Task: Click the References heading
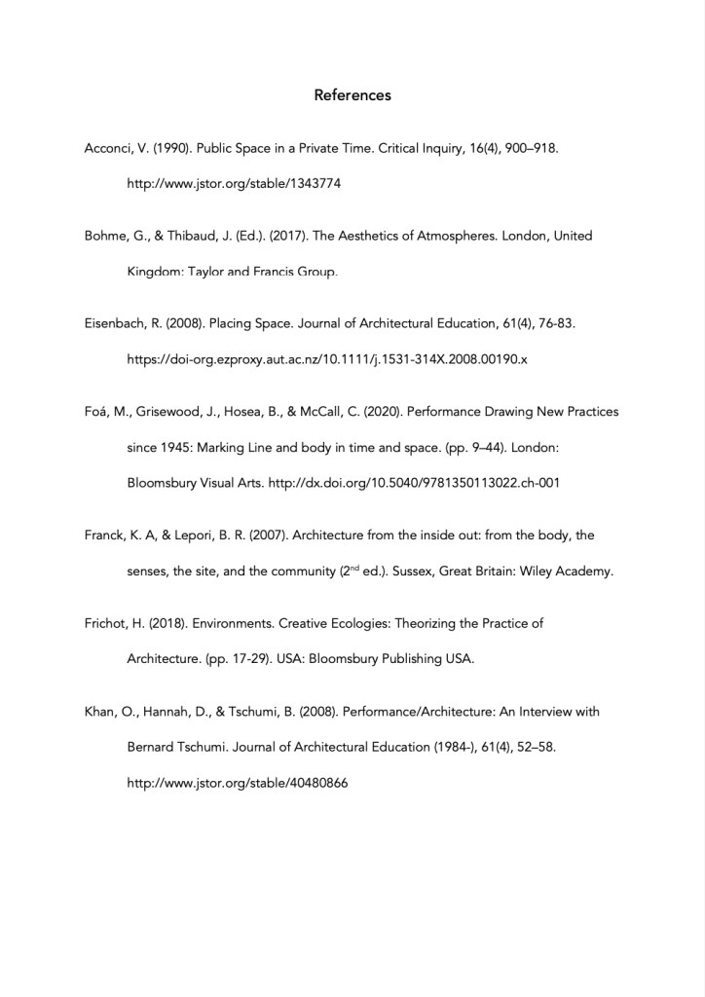[352, 95]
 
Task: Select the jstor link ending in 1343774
[234, 183]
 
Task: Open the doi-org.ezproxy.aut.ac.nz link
[327, 359]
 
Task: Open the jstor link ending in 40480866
[238, 782]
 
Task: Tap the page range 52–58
[532, 747]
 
